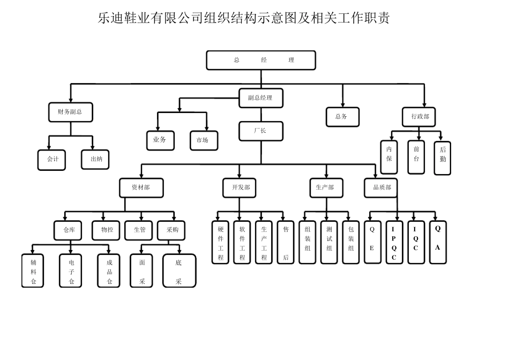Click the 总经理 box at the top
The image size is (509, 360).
click(261, 60)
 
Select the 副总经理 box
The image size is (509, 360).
click(260, 98)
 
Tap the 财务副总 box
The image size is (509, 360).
click(70, 112)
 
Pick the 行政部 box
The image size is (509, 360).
click(420, 116)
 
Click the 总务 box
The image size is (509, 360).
click(342, 116)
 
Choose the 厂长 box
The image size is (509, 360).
click(260, 131)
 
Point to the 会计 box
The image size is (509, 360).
click(52, 159)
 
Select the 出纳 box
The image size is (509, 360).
click(96, 159)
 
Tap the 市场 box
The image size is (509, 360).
click(203, 140)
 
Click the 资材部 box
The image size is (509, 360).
click(141, 187)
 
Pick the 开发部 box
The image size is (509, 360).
click(240, 187)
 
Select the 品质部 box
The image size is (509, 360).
click(382, 187)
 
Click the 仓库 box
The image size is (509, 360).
click(68, 230)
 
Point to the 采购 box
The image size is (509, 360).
click(172, 230)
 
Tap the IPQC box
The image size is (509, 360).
click(394, 243)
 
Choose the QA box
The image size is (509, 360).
click(437, 242)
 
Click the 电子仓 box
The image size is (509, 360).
click(71, 271)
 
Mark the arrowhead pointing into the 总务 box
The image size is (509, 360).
click(342, 105)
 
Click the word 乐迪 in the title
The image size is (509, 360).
click(110, 19)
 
